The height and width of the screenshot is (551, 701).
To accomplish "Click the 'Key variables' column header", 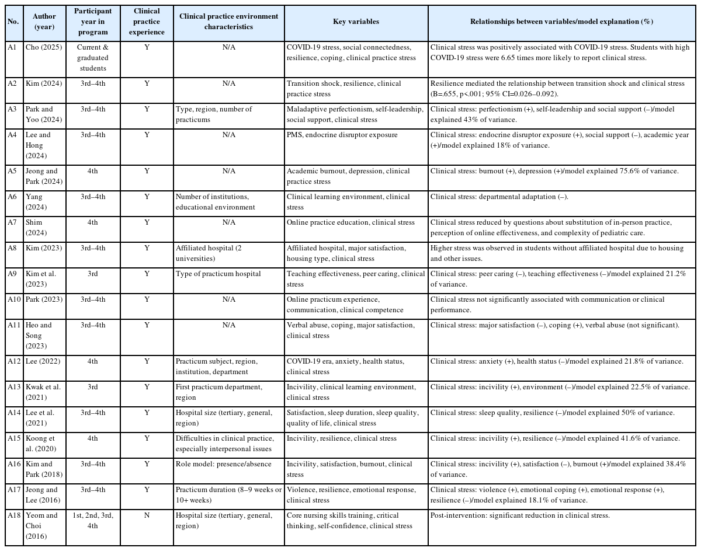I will click(356, 22).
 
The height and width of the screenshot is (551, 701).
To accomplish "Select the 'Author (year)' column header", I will click(44, 22).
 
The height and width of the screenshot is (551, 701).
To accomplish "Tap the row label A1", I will click(12, 47).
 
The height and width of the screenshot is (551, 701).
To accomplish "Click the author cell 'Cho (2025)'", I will click(40, 47).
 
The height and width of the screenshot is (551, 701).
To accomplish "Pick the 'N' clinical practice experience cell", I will click(147, 515).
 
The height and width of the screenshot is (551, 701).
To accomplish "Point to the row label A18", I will click(14, 515).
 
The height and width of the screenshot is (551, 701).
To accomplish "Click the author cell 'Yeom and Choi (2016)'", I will click(44, 525).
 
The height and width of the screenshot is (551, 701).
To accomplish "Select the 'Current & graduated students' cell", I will click(93, 57).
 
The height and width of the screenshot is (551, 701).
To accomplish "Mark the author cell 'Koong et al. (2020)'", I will click(44, 444).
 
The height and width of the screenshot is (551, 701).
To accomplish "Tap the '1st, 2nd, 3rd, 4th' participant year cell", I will click(93, 521).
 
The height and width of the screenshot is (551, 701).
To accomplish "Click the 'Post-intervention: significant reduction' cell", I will click(520, 515).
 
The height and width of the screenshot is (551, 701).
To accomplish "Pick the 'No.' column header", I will click(13, 22).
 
